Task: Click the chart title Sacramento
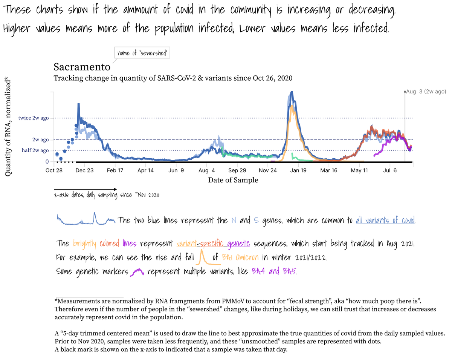pyautogui.click(x=82, y=67)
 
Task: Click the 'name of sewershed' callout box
pyautogui.click(x=142, y=54)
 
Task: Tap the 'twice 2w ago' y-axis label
pyautogui.click(x=34, y=118)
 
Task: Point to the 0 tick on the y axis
pyautogui.click(x=47, y=162)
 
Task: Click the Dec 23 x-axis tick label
pyautogui.click(x=84, y=170)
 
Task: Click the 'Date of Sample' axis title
pyautogui.click(x=233, y=180)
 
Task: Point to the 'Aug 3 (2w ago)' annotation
pyautogui.click(x=425, y=92)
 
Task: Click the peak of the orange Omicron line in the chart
pyautogui.click(x=292, y=106)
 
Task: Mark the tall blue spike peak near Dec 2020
pyautogui.click(x=78, y=104)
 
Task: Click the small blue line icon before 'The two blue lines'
pyautogui.click(x=86, y=220)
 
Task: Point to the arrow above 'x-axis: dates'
pyautogui.click(x=85, y=189)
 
